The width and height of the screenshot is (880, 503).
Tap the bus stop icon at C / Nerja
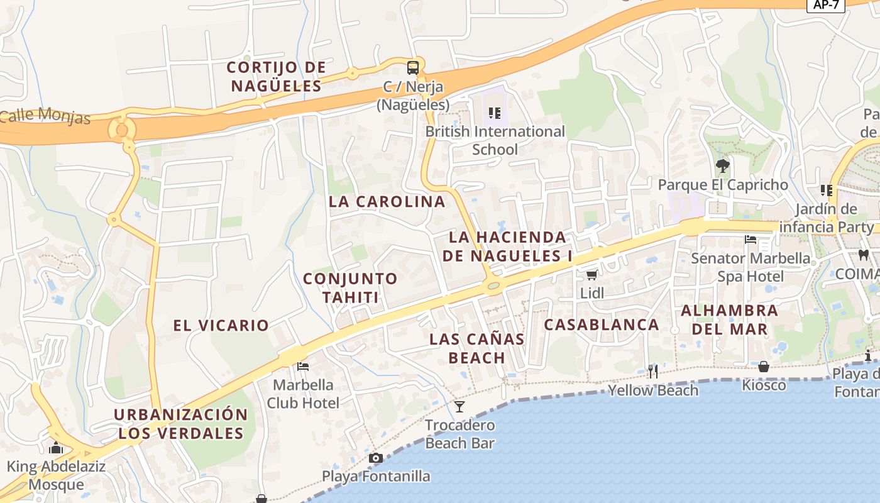pos(412,67)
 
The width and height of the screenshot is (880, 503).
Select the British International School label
pos(495,140)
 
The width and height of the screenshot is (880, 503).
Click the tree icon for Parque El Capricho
pos(722,166)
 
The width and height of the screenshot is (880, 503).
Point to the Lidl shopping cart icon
pos(591,275)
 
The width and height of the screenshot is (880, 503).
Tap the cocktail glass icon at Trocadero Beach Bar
pos(459,406)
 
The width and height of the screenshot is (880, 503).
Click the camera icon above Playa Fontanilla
pos(376,458)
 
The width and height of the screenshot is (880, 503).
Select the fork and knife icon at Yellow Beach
pos(653,372)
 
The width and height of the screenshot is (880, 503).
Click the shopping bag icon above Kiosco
pos(764,366)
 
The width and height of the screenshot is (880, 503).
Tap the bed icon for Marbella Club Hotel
pos(303,366)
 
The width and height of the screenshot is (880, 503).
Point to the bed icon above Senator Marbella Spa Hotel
pos(750,240)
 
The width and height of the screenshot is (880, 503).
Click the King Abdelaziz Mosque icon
pos(56,448)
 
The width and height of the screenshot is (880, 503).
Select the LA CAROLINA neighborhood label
pos(387,202)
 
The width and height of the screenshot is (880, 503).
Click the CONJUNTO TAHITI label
pos(350,287)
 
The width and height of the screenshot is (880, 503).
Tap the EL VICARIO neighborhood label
pos(221,325)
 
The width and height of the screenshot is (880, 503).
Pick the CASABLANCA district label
pos(601,324)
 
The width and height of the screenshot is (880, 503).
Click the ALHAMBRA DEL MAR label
pos(729,319)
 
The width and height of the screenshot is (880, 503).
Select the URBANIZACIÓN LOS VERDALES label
pos(181,424)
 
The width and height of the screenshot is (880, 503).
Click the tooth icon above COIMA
pos(864,255)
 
